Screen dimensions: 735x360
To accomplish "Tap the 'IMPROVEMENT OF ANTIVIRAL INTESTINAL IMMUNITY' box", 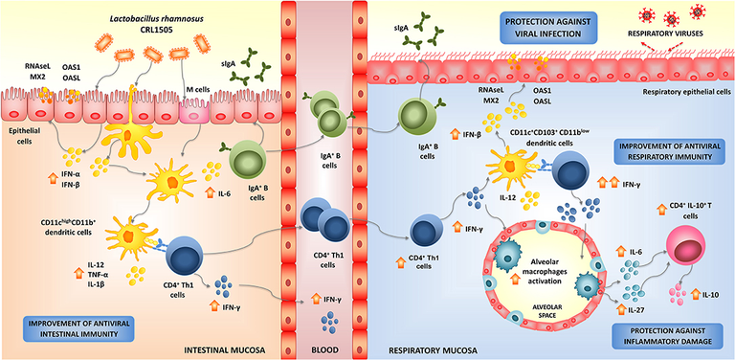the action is (78, 328).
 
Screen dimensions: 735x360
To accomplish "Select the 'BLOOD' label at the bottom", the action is (323, 349).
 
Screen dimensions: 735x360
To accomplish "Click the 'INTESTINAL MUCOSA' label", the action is (224, 349).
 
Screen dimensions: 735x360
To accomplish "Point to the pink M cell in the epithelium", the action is (194, 110).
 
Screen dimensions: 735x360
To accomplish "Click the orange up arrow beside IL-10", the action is (695, 294).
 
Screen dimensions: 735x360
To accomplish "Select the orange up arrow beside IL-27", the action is (621, 309).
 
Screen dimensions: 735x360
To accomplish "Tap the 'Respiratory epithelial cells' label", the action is (688, 92).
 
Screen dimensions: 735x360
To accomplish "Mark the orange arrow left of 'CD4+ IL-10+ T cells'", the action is (661, 209).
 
